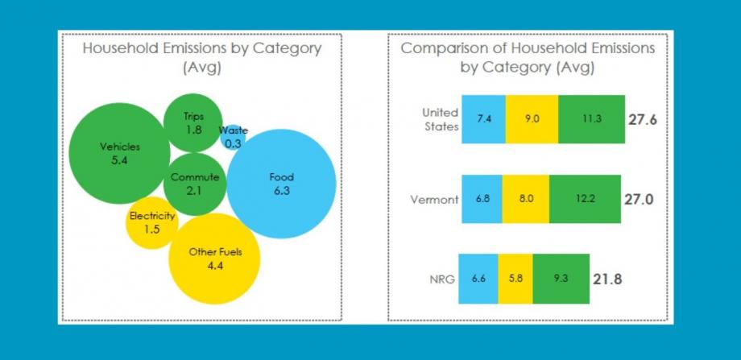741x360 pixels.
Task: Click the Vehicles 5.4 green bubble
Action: tap(119, 153)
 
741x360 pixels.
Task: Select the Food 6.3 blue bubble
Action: tap(281, 184)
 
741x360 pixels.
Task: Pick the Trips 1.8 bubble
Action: tap(193, 123)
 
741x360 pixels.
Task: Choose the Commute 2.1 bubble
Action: tap(195, 184)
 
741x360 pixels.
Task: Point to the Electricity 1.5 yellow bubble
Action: tap(152, 222)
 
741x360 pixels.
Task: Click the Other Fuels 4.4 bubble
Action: tap(214, 259)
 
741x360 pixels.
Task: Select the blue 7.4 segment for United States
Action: tap(483, 119)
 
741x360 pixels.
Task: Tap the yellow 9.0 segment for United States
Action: tap(532, 119)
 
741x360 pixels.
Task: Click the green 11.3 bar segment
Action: tap(592, 119)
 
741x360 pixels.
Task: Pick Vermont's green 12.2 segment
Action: tap(585, 199)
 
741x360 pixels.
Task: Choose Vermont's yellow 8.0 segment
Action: tap(525, 199)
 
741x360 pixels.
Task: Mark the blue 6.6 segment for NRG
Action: tap(478, 279)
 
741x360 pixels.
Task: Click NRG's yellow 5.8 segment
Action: tap(515, 279)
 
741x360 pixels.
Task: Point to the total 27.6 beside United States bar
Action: tap(642, 119)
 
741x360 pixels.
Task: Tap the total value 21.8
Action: tap(607, 279)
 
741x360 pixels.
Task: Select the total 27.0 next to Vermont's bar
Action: tap(639, 200)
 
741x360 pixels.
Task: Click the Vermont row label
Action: tap(434, 200)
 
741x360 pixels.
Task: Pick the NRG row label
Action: tap(442, 279)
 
